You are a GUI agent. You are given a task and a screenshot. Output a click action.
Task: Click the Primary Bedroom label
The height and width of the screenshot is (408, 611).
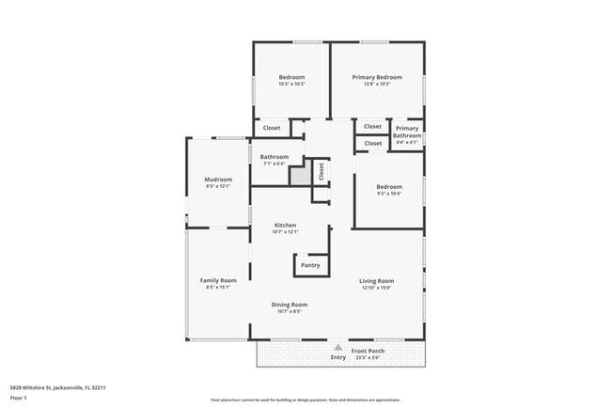377,77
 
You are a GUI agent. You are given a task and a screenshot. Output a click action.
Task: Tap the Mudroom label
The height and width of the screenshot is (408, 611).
218,179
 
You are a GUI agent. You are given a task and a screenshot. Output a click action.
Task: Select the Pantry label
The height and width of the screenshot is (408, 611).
310,265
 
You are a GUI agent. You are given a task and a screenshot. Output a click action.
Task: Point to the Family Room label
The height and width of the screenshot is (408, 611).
217,280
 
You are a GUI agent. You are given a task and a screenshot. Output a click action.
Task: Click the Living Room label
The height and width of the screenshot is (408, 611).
377,280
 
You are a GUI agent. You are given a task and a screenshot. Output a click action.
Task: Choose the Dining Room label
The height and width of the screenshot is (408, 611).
290,305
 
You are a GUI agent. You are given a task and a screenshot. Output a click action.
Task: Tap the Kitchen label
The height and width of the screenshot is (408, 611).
286,225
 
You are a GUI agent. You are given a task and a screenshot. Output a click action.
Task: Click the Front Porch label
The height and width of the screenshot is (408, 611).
368,351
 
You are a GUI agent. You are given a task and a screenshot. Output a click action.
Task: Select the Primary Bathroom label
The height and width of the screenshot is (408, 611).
407,132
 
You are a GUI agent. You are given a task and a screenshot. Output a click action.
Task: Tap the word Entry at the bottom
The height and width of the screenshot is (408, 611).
338,357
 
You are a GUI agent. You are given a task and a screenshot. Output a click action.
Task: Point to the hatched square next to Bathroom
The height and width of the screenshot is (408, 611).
299,175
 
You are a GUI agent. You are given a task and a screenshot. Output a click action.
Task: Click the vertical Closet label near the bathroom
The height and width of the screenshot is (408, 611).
321,171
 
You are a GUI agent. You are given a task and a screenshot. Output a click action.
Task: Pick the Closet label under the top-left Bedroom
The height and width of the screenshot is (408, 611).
272,128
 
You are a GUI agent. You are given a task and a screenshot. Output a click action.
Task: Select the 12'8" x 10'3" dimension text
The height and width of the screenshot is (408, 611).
377,85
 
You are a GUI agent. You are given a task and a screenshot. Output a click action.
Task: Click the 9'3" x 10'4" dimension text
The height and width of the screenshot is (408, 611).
389,194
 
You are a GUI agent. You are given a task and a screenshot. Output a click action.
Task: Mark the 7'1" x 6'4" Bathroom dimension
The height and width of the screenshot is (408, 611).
274,164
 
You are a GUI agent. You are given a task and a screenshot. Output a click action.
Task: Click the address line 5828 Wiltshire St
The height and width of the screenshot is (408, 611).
57,386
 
